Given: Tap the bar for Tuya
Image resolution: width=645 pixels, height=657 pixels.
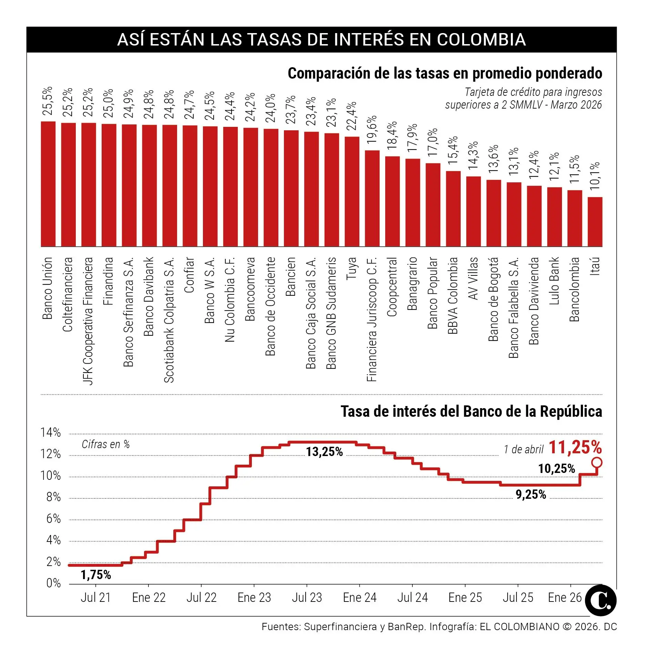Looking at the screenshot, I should click(352, 191).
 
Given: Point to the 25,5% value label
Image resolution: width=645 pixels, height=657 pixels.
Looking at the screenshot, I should click(48, 101).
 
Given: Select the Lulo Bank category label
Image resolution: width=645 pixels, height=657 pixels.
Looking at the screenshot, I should click(554, 281).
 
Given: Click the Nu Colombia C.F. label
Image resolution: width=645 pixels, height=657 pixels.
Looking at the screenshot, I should click(230, 299).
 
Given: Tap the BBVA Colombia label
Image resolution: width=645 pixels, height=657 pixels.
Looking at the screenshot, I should click(453, 295).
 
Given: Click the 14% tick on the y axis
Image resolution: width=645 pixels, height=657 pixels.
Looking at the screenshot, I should click(51, 432).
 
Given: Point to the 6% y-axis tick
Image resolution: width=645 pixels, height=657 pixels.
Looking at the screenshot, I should click(53, 518).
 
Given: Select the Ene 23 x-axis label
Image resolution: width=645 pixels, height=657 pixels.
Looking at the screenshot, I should click(254, 598).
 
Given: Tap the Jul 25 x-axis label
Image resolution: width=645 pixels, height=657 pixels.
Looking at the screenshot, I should click(518, 598).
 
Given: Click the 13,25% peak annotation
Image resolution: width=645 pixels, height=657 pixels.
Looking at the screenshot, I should click(324, 452).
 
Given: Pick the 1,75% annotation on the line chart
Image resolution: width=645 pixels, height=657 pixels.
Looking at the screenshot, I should click(96, 575).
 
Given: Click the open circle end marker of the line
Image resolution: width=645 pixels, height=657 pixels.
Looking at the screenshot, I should click(597, 462).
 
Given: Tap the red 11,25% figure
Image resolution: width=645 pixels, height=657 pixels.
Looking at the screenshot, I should click(575, 447).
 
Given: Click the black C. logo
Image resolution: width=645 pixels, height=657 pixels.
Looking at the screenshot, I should click(601, 600).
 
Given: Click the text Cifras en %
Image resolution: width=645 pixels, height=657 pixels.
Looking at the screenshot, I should click(105, 444).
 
